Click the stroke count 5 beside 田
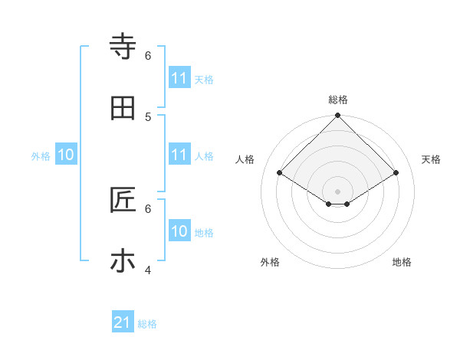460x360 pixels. [x=148, y=116]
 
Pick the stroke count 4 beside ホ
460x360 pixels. [x=148, y=270]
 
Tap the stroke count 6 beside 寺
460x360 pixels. [x=148, y=55]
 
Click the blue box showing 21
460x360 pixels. [x=123, y=323]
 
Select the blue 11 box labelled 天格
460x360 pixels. [x=179, y=78]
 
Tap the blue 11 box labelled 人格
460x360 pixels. [x=179, y=155]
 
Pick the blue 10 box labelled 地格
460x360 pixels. [x=179, y=231]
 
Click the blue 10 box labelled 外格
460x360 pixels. [x=66, y=155]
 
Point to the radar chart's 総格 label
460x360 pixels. [x=338, y=100]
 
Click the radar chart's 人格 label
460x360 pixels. [x=245, y=159]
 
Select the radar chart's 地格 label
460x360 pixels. [x=402, y=262]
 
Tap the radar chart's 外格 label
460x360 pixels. [x=270, y=262]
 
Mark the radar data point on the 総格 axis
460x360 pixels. [x=338, y=116]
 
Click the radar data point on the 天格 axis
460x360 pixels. [x=396, y=173]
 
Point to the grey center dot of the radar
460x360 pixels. [x=338, y=191]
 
